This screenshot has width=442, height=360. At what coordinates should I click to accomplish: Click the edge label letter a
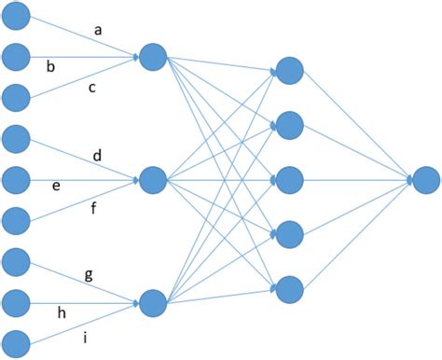(98, 30)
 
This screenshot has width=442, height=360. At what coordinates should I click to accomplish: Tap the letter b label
(50, 66)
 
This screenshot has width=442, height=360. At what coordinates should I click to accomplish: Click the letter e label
(56, 187)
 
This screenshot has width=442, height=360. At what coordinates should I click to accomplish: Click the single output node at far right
(425, 179)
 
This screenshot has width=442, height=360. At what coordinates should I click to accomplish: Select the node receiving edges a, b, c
(152, 57)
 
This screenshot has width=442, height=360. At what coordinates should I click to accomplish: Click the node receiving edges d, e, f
(152, 178)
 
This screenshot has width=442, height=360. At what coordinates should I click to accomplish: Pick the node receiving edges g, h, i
(152, 301)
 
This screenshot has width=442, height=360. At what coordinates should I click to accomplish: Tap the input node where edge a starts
(16, 15)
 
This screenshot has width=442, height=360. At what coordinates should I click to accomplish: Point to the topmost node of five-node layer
(289, 70)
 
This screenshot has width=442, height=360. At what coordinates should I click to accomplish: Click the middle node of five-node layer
(289, 178)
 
